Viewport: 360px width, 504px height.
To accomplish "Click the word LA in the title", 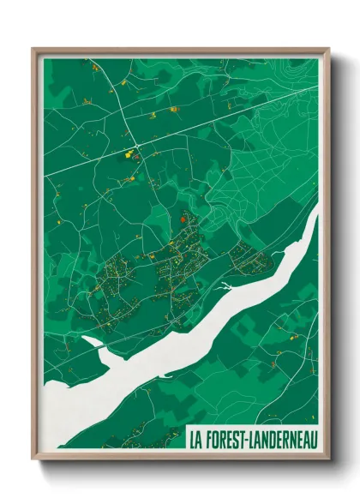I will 198,438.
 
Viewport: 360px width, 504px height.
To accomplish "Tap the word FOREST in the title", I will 230,438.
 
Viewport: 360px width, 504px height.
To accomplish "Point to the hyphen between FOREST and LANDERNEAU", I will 254,438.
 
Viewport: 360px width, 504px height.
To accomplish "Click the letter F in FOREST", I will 211,438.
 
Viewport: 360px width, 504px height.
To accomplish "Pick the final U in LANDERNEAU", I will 313,438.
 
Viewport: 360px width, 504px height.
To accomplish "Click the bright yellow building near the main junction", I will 130,156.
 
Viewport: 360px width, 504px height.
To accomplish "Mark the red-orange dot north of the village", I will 183,219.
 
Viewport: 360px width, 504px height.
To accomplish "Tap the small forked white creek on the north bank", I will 225,285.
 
